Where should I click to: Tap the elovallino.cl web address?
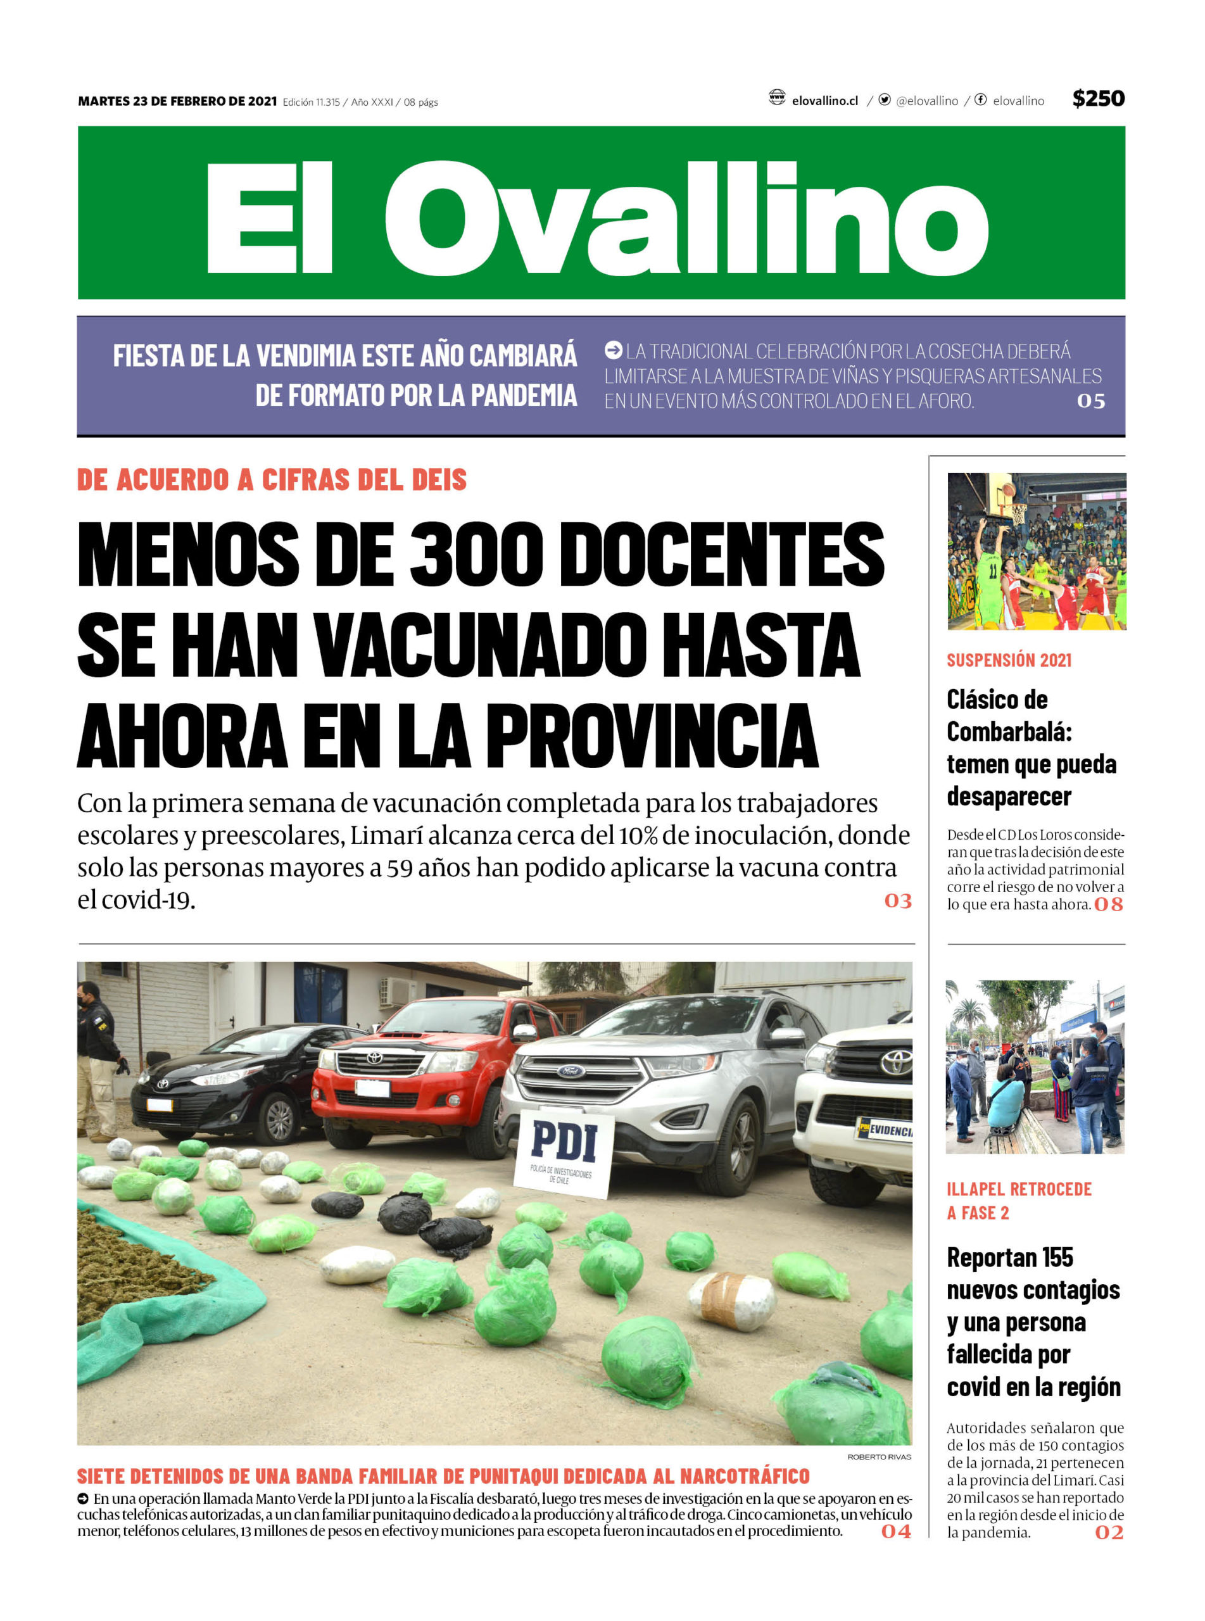tap(824, 101)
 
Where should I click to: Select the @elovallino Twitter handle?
tap(926, 101)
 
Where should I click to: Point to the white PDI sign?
tap(564, 1153)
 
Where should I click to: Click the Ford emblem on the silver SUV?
tap(571, 1071)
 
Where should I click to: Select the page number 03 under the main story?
tap(897, 901)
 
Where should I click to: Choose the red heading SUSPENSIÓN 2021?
tap(1009, 660)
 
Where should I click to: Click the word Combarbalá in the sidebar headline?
tap(1009, 732)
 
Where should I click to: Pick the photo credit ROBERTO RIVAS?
tap(878, 1457)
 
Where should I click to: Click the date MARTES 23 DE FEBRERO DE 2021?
tap(177, 101)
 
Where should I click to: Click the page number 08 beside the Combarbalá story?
tap(1108, 905)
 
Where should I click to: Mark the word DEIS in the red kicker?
tap(439, 480)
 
